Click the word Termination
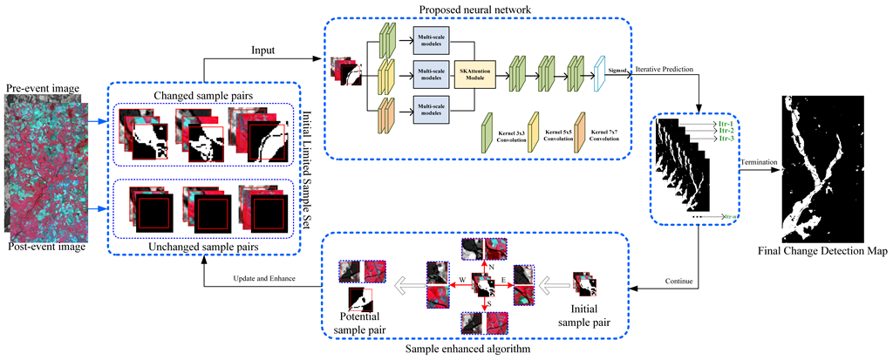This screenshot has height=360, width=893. [757, 162]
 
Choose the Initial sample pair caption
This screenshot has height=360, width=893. [590, 315]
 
